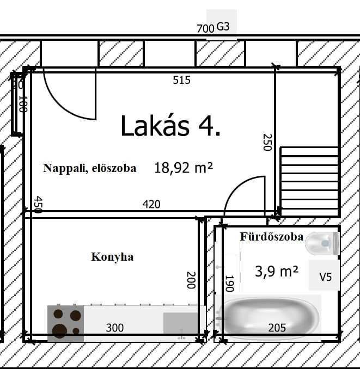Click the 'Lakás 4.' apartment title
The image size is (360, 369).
170,126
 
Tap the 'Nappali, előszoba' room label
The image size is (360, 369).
90,168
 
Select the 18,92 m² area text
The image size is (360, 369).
184,168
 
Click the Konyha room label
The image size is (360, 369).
112,257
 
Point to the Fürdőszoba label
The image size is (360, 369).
272,237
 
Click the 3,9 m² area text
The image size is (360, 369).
277,272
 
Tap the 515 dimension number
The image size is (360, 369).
181,80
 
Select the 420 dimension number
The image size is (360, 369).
151,204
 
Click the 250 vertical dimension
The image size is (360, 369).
267,142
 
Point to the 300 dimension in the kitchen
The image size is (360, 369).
115,328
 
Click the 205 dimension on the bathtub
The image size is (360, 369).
277,328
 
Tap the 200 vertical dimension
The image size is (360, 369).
191,280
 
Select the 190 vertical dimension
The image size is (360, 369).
230,284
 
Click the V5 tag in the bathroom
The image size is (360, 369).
326,276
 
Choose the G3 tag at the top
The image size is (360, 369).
223,27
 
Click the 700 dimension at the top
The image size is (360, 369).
205,29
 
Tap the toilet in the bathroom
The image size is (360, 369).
322,243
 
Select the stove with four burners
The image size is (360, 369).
66,323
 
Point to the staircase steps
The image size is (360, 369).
309,181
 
